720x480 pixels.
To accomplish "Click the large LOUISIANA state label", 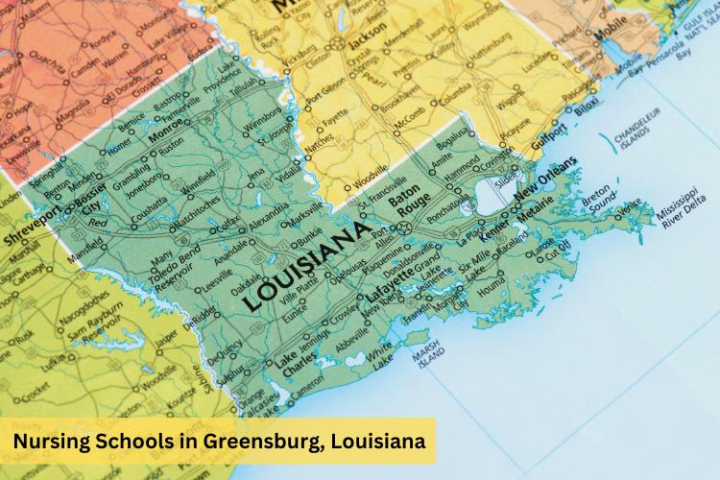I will pos(305,266).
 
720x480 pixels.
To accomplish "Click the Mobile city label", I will pos(611,36).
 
